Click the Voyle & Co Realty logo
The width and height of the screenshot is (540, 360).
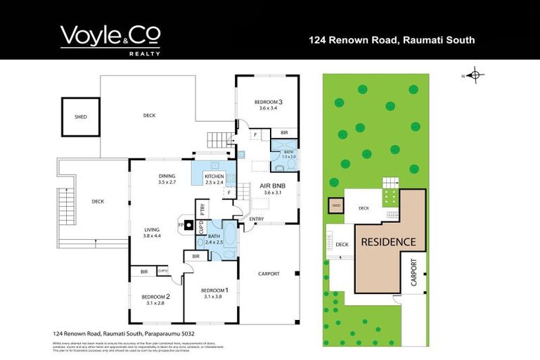click(x=110, y=40)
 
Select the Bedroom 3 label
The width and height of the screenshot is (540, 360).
click(x=269, y=105)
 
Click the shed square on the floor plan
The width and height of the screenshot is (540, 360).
click(x=81, y=117)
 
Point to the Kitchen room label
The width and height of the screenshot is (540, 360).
click(x=214, y=179)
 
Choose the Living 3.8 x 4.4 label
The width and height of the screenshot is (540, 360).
click(x=153, y=233)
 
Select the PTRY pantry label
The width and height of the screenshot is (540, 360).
click(x=202, y=208)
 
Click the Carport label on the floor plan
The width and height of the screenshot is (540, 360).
click(x=269, y=274)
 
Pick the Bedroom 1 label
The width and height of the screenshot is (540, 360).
click(x=214, y=293)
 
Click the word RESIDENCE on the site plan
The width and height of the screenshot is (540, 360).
click(x=388, y=242)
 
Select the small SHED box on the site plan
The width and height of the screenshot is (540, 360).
click(x=336, y=206)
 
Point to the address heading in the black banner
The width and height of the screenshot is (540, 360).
click(x=392, y=40)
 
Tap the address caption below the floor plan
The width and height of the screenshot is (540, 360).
click(x=124, y=333)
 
